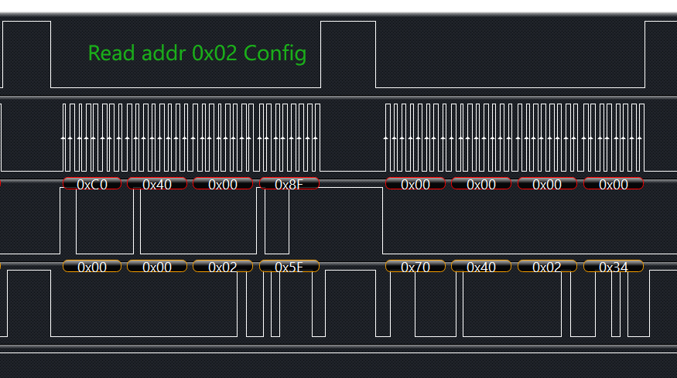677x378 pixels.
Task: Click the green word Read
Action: pyautogui.click(x=110, y=53)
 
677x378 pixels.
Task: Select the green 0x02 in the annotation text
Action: pyautogui.click(x=214, y=53)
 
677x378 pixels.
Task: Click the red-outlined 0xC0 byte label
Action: pyautogui.click(x=92, y=184)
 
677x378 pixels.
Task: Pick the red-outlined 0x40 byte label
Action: pyautogui.click(x=157, y=184)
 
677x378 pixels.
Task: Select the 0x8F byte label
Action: pyautogui.click(x=289, y=184)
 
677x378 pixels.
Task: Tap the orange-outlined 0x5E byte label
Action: pyautogui.click(x=289, y=267)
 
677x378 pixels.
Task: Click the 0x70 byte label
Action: pyautogui.click(x=415, y=267)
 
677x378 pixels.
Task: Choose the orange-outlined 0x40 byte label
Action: pyautogui.click(x=481, y=267)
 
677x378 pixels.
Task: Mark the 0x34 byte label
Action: pyautogui.click(x=614, y=267)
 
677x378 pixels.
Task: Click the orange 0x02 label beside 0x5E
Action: pyautogui.click(x=223, y=267)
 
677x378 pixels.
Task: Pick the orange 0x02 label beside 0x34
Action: pyautogui.click(x=548, y=267)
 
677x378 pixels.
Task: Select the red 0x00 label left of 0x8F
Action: pyautogui.click(x=223, y=184)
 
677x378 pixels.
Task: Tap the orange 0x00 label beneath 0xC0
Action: pyautogui.click(x=92, y=267)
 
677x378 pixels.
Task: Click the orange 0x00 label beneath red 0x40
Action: pyautogui.click(x=157, y=267)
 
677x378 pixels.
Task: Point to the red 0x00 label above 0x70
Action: pyautogui.click(x=415, y=184)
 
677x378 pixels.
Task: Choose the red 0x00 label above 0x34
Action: pyautogui.click(x=614, y=184)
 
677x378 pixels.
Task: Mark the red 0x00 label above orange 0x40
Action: pyautogui.click(x=481, y=184)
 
